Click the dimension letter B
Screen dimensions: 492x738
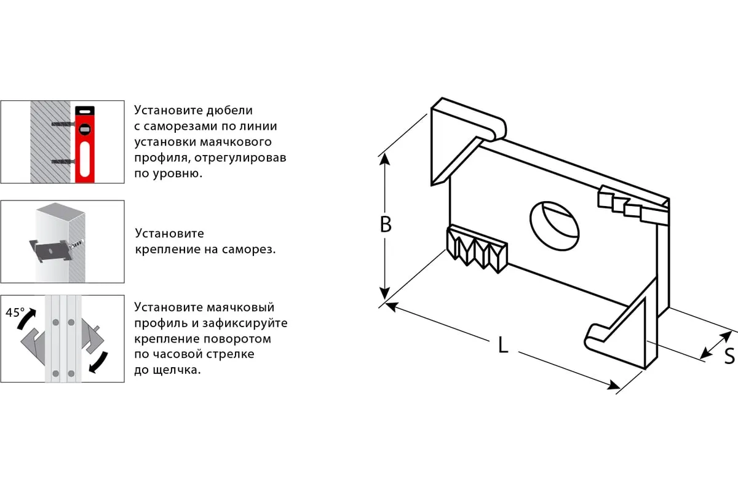point(386,224)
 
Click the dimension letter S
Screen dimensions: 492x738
point(729,355)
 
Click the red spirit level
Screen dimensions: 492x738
point(85,144)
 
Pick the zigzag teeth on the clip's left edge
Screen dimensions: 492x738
point(477,247)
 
